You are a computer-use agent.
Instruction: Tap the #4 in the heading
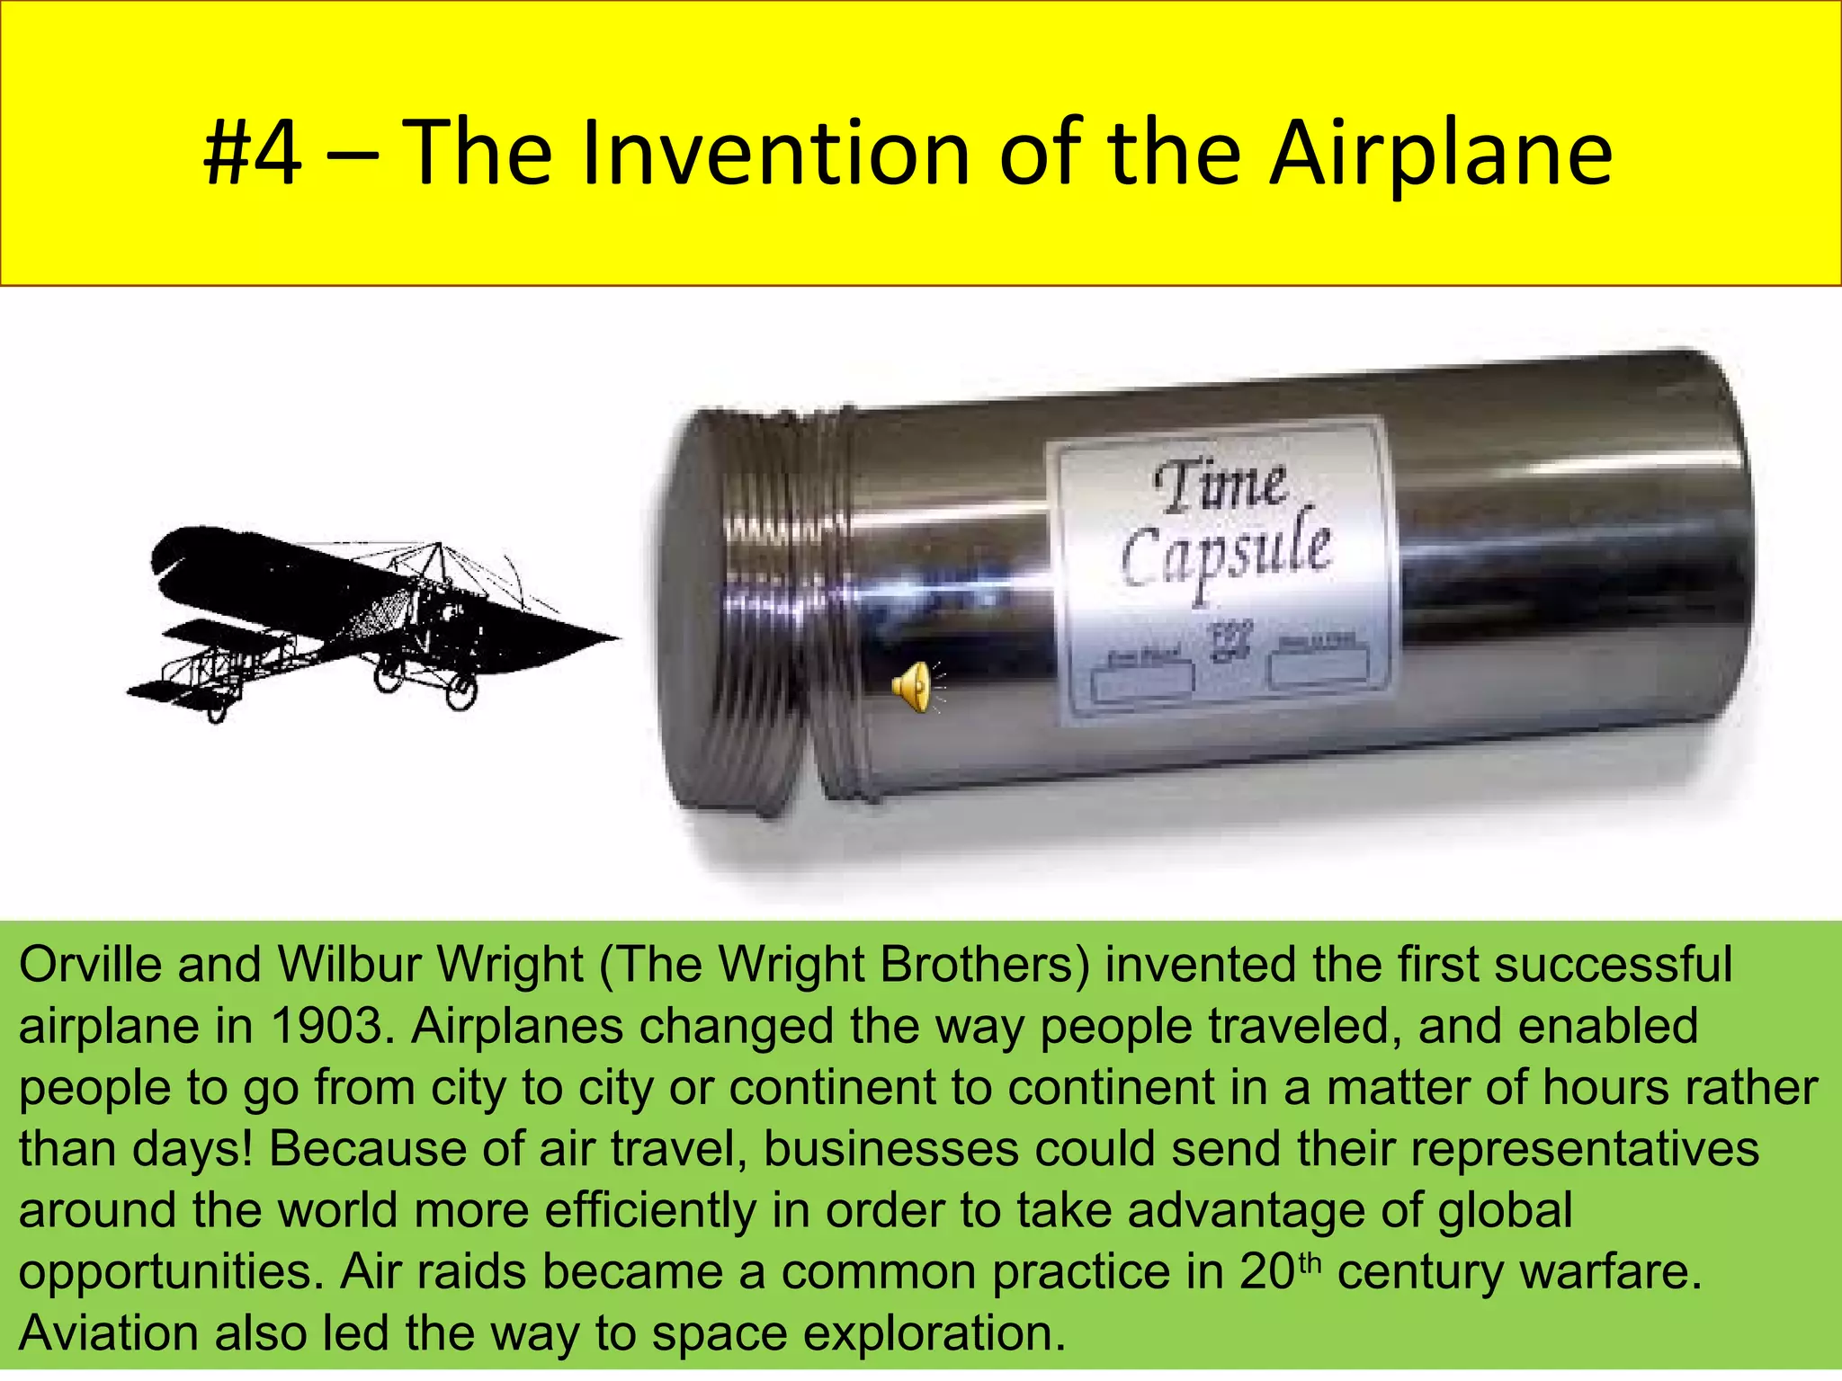pos(253,155)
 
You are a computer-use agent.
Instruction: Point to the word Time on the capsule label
pos(1220,486)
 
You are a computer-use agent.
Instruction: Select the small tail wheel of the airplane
pos(217,714)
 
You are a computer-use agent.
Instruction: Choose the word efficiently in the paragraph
pos(649,1211)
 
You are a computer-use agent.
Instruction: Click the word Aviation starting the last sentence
pos(109,1334)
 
